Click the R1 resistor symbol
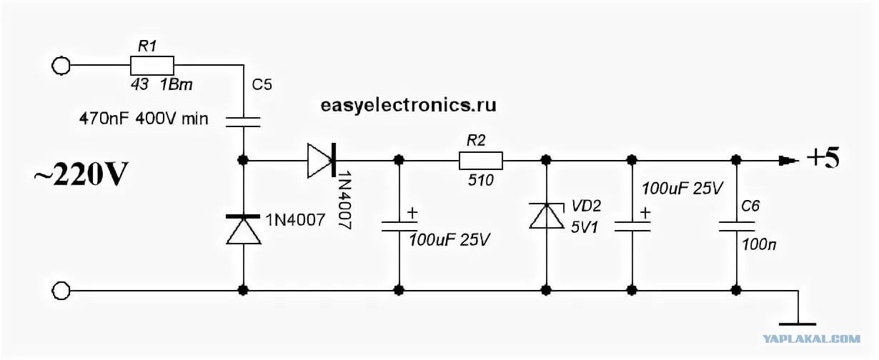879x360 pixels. pyautogui.click(x=152, y=66)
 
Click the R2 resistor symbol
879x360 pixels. pyautogui.click(x=481, y=161)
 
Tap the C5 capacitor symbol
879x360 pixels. pyautogui.click(x=243, y=122)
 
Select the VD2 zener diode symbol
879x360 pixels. pyautogui.click(x=546, y=216)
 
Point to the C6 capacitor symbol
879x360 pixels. pyautogui.click(x=736, y=226)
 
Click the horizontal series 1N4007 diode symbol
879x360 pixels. pyautogui.click(x=322, y=161)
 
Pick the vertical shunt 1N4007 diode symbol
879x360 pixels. pyautogui.click(x=243, y=229)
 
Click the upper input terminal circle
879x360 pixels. pyautogui.click(x=61, y=66)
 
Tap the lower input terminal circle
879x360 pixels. pyautogui.click(x=61, y=291)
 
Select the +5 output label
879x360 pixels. pyautogui.click(x=823, y=158)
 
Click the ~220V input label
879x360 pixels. pyautogui.click(x=81, y=174)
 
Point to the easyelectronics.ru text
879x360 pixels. pyautogui.click(x=409, y=105)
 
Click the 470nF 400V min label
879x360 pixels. pyautogui.click(x=144, y=119)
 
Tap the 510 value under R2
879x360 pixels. pyautogui.click(x=481, y=181)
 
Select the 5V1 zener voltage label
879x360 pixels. pyautogui.click(x=585, y=227)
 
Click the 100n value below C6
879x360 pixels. pyautogui.click(x=758, y=245)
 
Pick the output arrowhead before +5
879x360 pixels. pyautogui.click(x=789, y=161)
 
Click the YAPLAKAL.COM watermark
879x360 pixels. pyautogui.click(x=812, y=339)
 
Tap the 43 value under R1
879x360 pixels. pyautogui.click(x=139, y=84)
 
